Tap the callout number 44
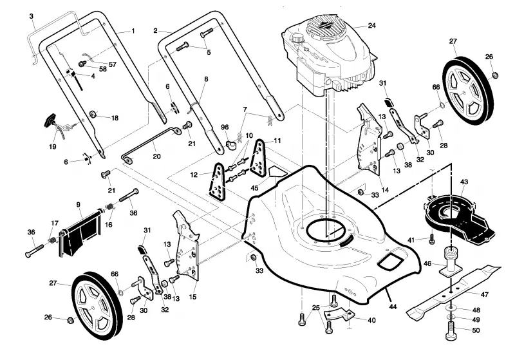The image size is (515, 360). pyautogui.click(x=393, y=307)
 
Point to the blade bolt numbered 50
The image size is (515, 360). pyautogui.click(x=452, y=331)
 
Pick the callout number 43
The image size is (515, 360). pyautogui.click(x=464, y=182)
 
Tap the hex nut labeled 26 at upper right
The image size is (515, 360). pyautogui.click(x=495, y=75)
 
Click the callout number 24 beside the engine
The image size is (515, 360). pyautogui.click(x=371, y=25)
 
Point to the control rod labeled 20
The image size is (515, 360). pyautogui.click(x=151, y=144)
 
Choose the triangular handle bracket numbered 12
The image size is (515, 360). pyautogui.click(x=217, y=181)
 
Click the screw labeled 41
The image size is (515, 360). pyautogui.click(x=432, y=239)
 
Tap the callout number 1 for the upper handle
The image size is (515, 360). pyautogui.click(x=133, y=31)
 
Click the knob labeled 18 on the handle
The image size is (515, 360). pyautogui.click(x=93, y=114)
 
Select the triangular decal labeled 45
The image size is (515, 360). pyautogui.click(x=276, y=172)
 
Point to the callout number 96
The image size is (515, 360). pyautogui.click(x=225, y=127)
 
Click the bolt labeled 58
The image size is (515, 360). pyautogui.click(x=82, y=63)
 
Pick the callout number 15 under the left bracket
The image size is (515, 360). pyautogui.click(x=192, y=297)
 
